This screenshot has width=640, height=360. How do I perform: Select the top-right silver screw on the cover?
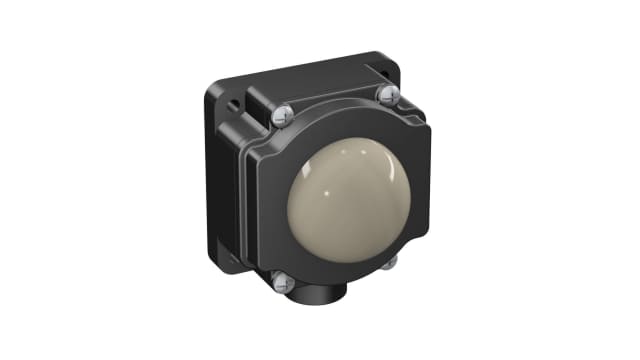coord(386,95)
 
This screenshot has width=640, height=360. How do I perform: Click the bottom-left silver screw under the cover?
coord(280,283)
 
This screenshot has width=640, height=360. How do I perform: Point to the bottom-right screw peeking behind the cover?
coord(392,262)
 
